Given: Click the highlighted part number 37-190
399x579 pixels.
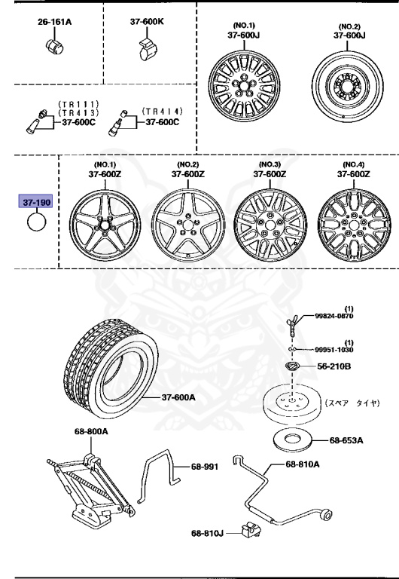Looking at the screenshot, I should tap(36, 204).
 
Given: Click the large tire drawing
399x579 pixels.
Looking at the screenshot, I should tap(112, 369).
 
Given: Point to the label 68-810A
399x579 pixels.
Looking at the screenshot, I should tap(302, 463).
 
